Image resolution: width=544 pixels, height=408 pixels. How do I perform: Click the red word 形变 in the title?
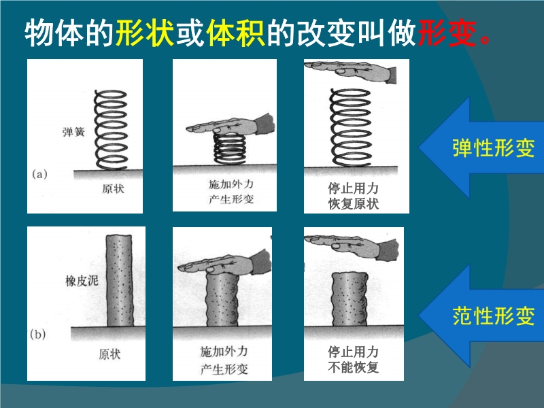tap(447, 33)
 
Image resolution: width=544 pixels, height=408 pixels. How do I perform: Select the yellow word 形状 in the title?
tap(144, 33)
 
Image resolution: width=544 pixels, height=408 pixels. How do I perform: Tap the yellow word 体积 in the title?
tap(235, 33)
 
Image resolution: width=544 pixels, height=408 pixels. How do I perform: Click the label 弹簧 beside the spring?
tap(73, 132)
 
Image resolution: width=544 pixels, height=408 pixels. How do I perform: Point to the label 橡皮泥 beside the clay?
tap(82, 281)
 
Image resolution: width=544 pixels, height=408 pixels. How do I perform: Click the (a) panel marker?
tap(39, 174)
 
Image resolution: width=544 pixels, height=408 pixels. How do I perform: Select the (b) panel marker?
tap(38, 335)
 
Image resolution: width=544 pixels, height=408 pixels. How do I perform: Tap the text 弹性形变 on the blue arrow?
tap(493, 148)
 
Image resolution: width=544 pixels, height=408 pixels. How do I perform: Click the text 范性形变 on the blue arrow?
tap(493, 316)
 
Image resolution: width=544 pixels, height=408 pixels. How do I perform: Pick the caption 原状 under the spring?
tap(113, 189)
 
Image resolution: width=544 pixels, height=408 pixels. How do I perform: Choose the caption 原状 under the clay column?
tap(109, 354)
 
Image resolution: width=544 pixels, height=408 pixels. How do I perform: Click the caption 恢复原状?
tap(353, 203)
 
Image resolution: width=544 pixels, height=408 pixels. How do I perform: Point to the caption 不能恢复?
tap(353, 367)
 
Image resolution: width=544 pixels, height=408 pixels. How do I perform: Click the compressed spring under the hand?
tap(229, 149)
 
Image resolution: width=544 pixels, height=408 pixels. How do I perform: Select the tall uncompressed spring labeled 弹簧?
tap(111, 129)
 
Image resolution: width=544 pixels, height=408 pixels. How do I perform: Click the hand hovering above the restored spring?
tap(350, 71)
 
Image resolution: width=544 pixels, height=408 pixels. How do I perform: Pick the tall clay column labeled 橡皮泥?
tap(120, 281)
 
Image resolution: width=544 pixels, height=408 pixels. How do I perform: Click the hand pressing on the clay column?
tap(225, 264)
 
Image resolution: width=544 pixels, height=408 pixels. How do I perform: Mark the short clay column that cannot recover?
tap(350, 299)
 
